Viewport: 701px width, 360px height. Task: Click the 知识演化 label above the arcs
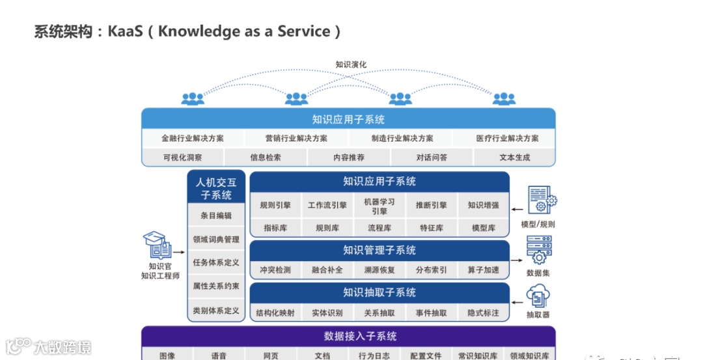point(351,64)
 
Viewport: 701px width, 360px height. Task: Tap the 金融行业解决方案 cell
point(193,139)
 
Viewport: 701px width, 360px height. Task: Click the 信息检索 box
point(266,157)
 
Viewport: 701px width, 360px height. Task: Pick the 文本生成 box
point(514,157)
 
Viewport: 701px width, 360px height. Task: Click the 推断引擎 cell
point(431,205)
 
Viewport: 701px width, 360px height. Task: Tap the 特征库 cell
point(431,228)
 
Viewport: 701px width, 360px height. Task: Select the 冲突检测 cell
point(275,270)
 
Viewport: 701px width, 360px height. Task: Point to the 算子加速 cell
point(483,270)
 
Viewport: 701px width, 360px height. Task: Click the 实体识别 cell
point(327,312)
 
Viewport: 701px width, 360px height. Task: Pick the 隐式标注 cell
point(483,312)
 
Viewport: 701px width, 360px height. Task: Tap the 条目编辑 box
point(216,215)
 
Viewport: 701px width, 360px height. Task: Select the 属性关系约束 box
point(216,286)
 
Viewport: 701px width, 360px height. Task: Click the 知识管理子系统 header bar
point(379,250)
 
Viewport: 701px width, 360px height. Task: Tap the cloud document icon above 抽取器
point(538,296)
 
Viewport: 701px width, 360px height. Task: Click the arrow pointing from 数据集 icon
point(518,259)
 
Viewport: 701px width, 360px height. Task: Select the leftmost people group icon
point(193,99)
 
